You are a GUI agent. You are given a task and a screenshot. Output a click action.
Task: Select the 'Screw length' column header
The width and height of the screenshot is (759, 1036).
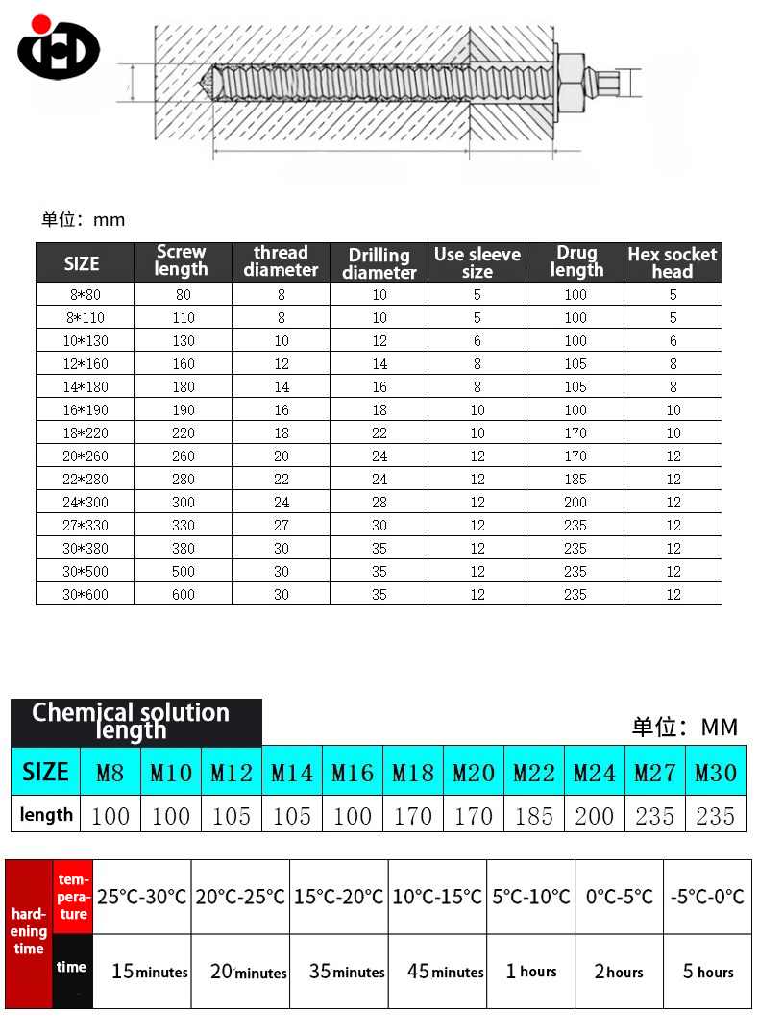coord(181,261)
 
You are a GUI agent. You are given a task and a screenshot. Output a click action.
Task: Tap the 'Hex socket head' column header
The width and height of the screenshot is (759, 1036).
coord(672,262)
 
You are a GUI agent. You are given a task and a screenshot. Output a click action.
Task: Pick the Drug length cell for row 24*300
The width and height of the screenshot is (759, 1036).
coord(575,502)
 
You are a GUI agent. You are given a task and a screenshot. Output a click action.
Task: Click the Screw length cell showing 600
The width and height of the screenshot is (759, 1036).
coord(183,594)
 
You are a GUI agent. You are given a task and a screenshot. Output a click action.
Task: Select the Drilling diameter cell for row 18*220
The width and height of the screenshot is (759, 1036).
coord(379,432)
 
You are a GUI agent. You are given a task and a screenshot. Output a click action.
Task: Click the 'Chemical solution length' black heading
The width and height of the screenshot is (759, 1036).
coord(132,721)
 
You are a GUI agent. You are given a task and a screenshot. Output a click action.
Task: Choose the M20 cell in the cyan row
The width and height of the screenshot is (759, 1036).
coord(473,772)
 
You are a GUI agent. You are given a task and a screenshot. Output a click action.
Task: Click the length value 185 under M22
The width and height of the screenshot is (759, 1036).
coord(533,816)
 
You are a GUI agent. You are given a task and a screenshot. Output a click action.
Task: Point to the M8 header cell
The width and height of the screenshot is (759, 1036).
coord(110,772)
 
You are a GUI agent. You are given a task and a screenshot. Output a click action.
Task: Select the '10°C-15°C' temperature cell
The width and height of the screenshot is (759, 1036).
coord(437,897)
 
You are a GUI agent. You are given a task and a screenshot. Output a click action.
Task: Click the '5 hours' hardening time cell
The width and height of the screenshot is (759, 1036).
coord(707,972)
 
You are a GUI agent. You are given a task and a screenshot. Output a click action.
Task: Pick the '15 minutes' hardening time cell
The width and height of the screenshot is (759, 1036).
coord(149,972)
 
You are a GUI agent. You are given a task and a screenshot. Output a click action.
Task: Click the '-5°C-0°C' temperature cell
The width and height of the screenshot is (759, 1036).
coord(707,897)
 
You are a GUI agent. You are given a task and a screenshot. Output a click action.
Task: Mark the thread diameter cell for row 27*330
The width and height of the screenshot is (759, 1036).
coord(281,525)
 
